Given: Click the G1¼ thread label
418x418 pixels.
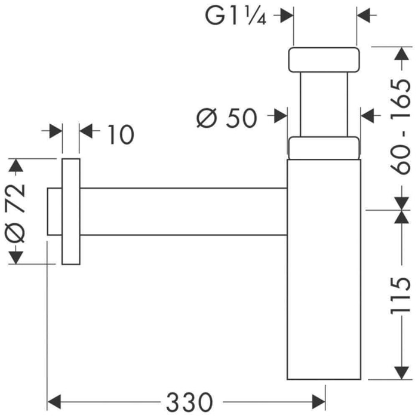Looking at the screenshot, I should point(236,16).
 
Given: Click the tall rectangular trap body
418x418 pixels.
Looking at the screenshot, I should point(325,269).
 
